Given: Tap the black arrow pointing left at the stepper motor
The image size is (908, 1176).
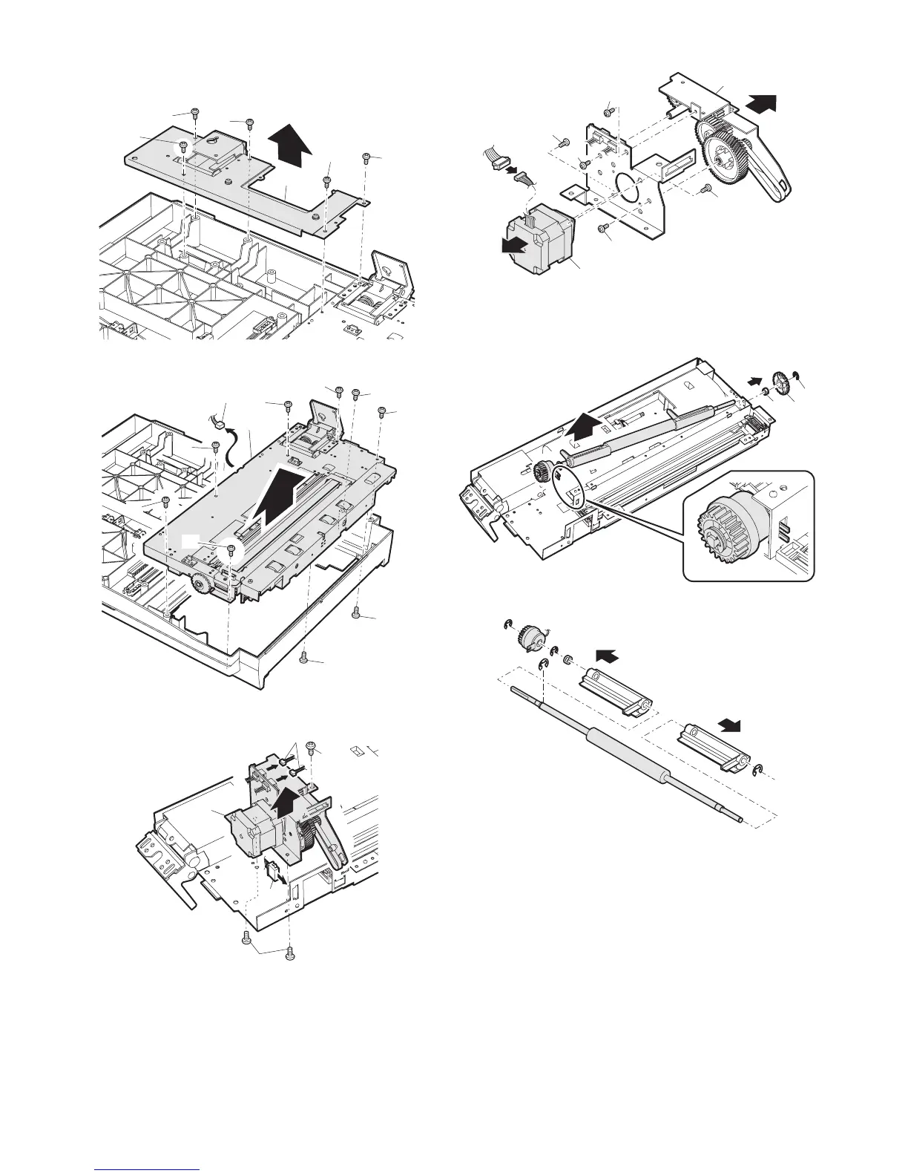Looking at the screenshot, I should pos(515,245).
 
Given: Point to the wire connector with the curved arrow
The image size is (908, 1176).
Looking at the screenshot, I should pos(220,425).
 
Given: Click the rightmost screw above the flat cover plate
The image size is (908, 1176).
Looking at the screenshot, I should pos(366,157).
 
